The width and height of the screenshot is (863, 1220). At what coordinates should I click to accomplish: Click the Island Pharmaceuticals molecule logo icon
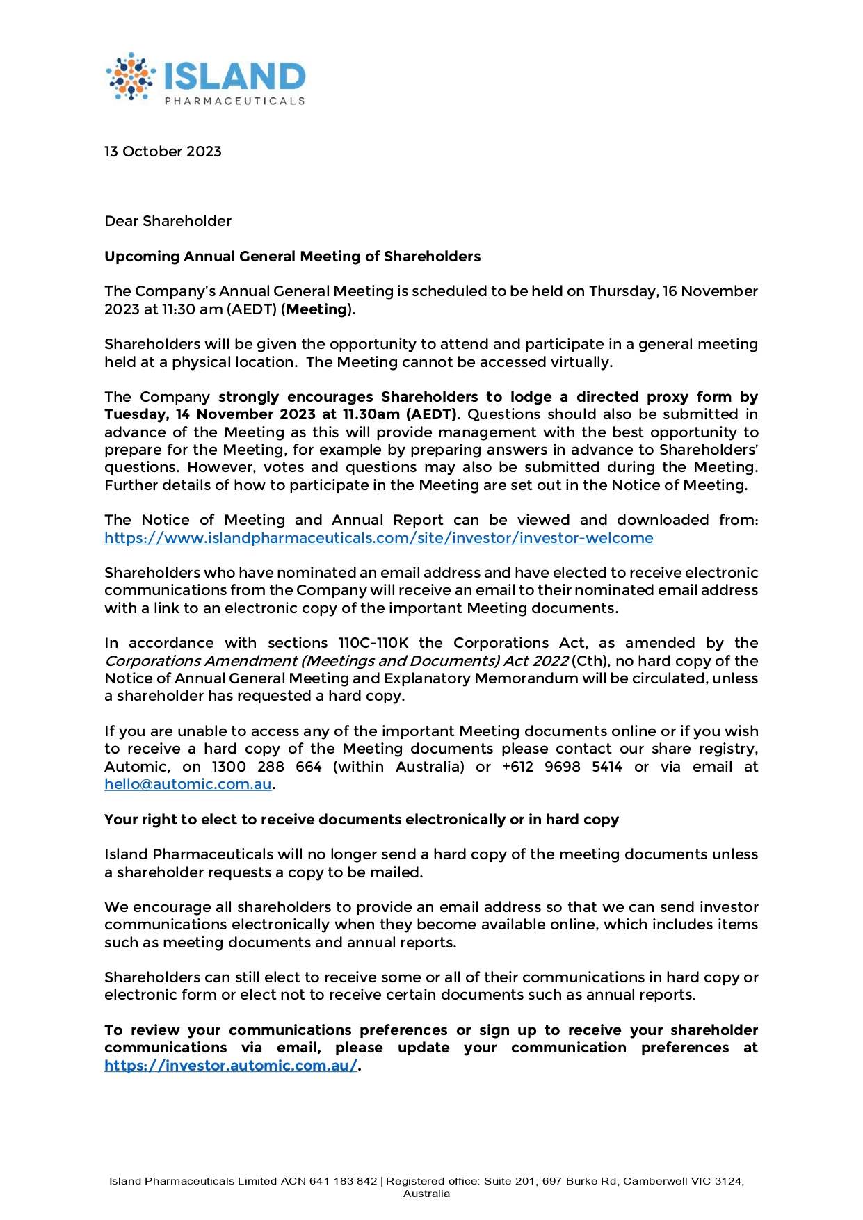pos(130,76)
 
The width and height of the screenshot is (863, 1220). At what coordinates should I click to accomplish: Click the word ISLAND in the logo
pos(234,76)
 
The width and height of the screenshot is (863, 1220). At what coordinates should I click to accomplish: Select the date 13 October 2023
pos(163,152)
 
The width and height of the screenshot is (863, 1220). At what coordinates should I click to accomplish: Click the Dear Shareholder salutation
pos(168,221)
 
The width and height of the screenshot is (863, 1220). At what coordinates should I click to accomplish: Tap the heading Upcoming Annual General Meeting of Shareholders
pos(292,257)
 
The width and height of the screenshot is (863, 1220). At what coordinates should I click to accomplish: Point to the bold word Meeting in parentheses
pos(317,309)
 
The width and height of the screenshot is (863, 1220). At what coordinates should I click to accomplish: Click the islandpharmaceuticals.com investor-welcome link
pos(378,538)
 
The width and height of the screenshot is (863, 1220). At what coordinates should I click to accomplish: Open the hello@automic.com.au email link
pos(188,784)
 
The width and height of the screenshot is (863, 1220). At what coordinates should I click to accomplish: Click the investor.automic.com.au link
pos(231,1066)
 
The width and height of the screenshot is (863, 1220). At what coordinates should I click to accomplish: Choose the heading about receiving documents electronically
pos(361,820)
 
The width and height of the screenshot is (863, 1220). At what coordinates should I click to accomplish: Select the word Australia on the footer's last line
pos(426,1194)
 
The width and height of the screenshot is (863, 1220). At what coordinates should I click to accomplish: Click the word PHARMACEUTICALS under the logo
pos(234,101)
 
